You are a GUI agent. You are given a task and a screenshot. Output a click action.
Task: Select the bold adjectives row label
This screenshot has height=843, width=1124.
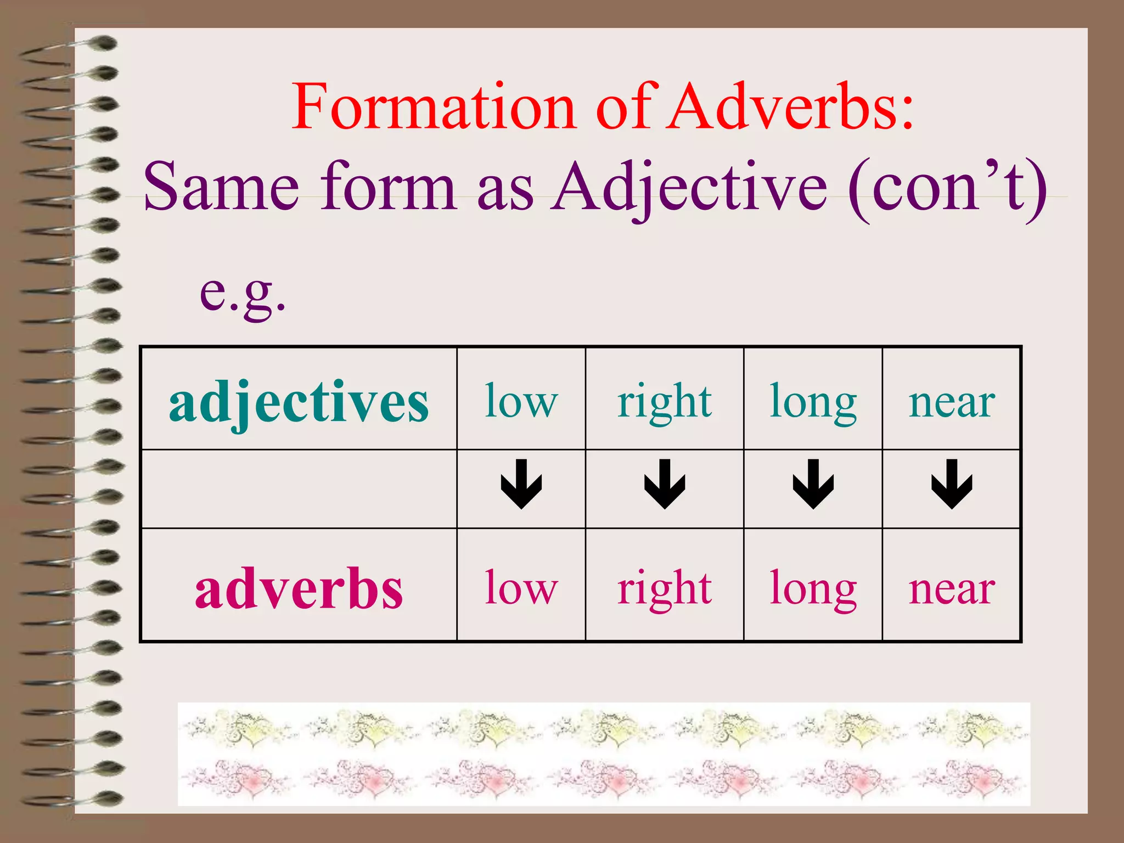pyautogui.click(x=299, y=402)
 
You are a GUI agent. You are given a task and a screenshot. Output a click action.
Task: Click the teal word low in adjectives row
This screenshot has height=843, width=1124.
pyautogui.click(x=521, y=402)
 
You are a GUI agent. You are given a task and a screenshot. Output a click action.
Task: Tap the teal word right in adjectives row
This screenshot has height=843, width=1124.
pyautogui.click(x=665, y=402)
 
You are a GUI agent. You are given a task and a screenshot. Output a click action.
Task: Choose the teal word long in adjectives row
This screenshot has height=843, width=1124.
pyautogui.click(x=813, y=402)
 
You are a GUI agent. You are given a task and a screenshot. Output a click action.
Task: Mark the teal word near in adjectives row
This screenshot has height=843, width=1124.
pyautogui.click(x=952, y=402)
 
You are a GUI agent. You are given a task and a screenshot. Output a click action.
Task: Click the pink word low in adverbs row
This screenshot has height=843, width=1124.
pyautogui.click(x=521, y=588)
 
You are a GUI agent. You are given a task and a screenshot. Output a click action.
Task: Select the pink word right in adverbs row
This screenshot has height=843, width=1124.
pyautogui.click(x=665, y=588)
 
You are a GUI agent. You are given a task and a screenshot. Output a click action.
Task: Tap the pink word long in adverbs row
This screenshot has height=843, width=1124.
pyautogui.click(x=813, y=588)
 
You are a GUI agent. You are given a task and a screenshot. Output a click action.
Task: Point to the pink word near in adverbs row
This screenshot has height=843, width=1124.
pyautogui.click(x=952, y=588)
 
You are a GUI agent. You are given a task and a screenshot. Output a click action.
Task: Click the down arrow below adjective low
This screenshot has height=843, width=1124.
pyautogui.click(x=521, y=484)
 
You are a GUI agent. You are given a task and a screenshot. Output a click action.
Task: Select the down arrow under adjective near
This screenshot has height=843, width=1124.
pyautogui.click(x=952, y=484)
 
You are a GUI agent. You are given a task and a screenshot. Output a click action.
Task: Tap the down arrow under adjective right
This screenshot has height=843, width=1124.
pyautogui.click(x=665, y=484)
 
